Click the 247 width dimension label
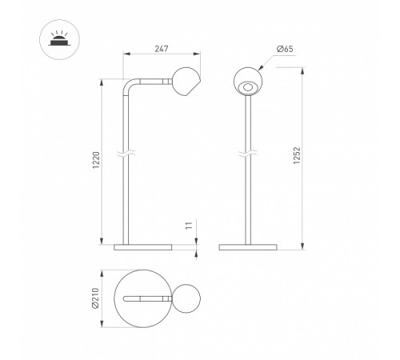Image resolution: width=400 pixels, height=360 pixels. coord(162,49)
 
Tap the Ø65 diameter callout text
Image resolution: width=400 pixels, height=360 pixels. coord(285,49)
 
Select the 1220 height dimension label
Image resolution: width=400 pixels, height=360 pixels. coord(96,160)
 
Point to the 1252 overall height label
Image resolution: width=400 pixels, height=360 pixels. coord(297,155)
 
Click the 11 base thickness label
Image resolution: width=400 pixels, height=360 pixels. coord(189,226)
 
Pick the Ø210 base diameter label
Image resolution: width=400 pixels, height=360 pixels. coord(95,298)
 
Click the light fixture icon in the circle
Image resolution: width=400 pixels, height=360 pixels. coord(59,39)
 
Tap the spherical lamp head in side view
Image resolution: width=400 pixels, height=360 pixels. coord(186,82)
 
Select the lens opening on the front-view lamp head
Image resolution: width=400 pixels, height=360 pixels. coord(248,87)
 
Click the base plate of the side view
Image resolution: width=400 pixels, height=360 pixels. coord(143,247)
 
